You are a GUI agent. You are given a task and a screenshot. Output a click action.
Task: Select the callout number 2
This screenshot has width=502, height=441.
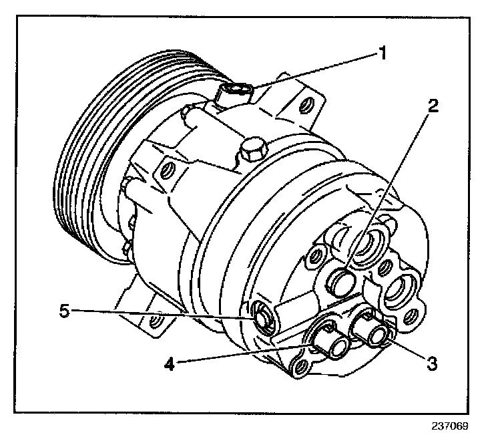pyautogui.click(x=433, y=106)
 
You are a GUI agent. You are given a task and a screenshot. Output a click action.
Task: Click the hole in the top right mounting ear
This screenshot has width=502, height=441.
pyautogui.click(x=306, y=105)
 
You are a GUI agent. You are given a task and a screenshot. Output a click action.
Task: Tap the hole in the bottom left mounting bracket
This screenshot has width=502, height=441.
pyautogui.click(x=156, y=323)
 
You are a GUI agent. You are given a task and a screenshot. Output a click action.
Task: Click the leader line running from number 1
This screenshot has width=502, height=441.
pyautogui.click(x=314, y=71)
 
